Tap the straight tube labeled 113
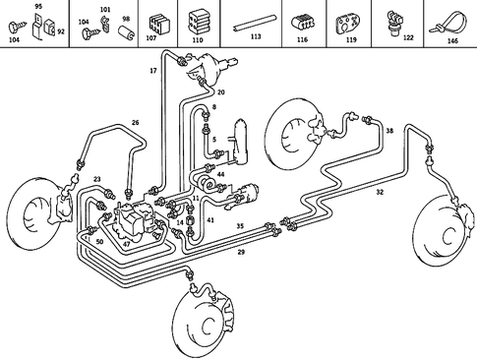click(x=256, y=22)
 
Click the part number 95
click(x=38, y=7)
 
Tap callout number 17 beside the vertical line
click(x=152, y=72)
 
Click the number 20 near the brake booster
click(x=221, y=91)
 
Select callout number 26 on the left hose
click(x=135, y=123)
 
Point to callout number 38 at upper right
click(x=389, y=131)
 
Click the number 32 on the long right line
click(x=380, y=193)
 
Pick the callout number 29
click(x=241, y=253)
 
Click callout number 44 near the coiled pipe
click(x=220, y=174)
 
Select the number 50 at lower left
click(x=100, y=241)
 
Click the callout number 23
click(x=97, y=178)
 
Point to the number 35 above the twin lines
click(x=239, y=225)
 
